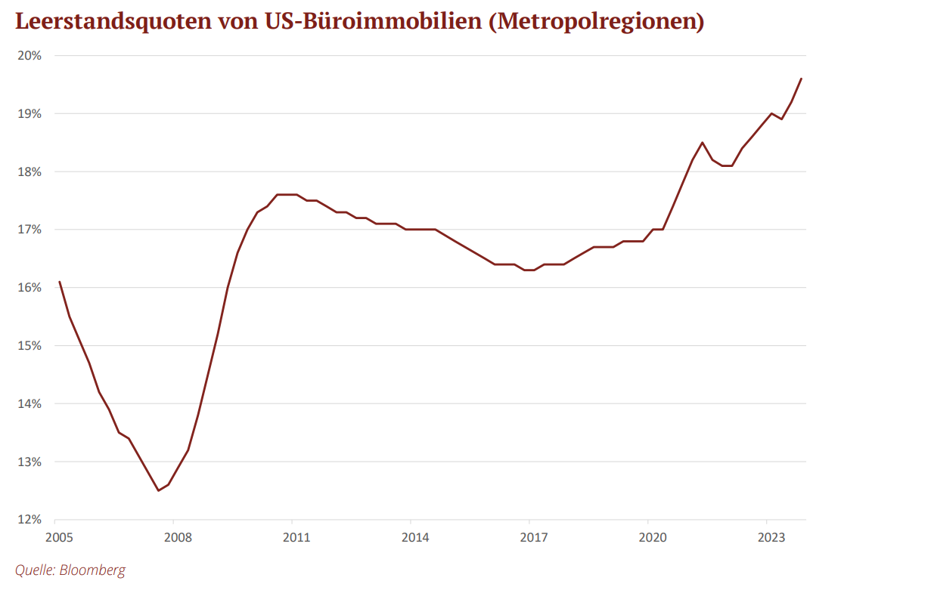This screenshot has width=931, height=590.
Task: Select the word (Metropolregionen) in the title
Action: point(597,22)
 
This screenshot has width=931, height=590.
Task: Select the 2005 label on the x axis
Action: point(60,537)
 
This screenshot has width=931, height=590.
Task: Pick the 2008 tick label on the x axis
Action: point(178,537)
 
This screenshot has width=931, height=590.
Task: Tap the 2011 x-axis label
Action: point(297,537)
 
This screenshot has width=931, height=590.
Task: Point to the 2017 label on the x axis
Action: point(534,537)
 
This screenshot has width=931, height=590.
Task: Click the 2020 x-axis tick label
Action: point(653,537)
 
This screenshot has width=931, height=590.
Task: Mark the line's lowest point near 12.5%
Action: point(158,491)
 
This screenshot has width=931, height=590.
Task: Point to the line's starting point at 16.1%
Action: point(60,282)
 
